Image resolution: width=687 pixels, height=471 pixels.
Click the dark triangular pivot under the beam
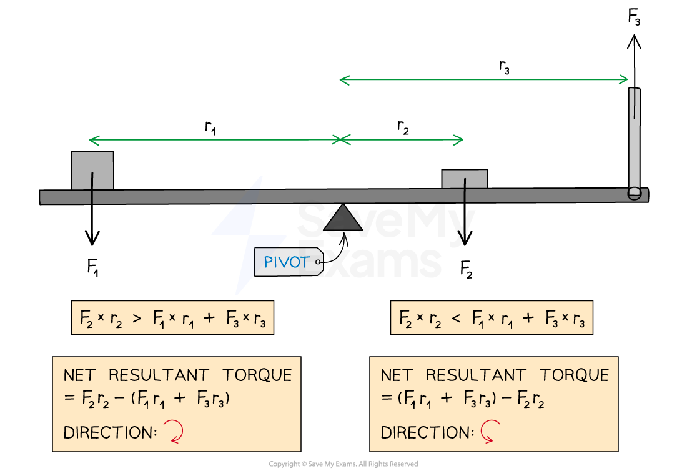pyautogui.click(x=343, y=219)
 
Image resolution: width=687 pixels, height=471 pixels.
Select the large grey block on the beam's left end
pyautogui.click(x=92, y=169)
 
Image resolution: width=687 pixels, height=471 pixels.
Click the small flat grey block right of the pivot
pyautogui.click(x=465, y=179)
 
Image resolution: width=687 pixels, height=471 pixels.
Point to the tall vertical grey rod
pyautogui.click(x=635, y=137)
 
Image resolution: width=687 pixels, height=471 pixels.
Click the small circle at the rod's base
pyautogui.click(x=635, y=194)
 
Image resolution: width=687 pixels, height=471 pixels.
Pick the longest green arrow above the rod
pyautogui.click(x=483, y=79)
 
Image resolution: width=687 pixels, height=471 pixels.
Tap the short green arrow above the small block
pyautogui.click(x=402, y=140)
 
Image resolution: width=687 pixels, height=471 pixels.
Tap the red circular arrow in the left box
pyautogui.click(x=173, y=432)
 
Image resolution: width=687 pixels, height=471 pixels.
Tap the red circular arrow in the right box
pyautogui.click(x=490, y=432)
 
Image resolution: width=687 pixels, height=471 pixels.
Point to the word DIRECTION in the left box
pyautogui.click(x=110, y=432)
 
